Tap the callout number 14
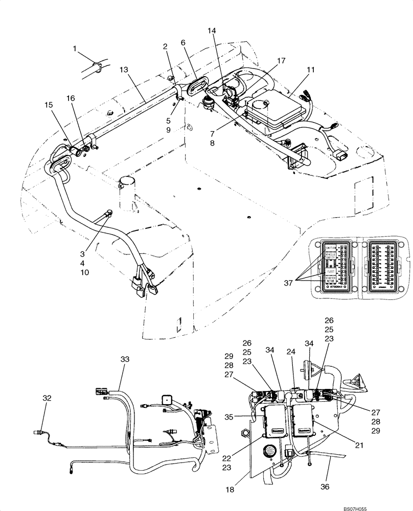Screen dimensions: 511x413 [212, 31]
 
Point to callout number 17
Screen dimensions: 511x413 [281, 61]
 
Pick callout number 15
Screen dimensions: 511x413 [49, 104]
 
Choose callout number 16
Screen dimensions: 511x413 [70, 98]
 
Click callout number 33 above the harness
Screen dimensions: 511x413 [125, 360]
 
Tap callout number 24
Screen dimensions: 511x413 [292, 352]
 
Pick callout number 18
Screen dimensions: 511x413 [230, 490]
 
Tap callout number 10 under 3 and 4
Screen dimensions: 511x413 [84, 272]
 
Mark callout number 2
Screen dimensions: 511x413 [165, 47]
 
